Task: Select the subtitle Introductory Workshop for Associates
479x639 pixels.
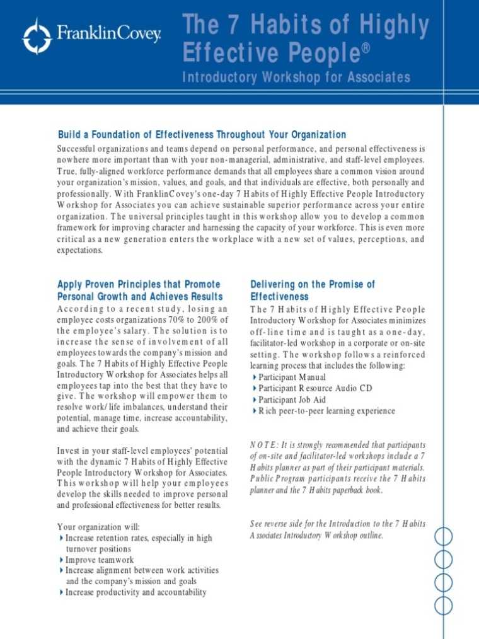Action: tap(296, 78)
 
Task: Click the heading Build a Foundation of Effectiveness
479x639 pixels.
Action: tap(202, 135)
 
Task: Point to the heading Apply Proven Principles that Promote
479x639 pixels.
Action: tap(139, 284)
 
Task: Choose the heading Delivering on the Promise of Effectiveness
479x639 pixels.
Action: tap(312, 290)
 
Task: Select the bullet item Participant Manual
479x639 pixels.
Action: tap(292, 377)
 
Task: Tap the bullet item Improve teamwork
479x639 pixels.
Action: tap(100, 560)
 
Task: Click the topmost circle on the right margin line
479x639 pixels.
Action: tap(444, 536)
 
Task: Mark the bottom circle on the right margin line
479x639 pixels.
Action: tap(444, 606)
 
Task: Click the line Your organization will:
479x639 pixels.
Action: tap(99, 527)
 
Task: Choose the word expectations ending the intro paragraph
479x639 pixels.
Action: tap(79, 250)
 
